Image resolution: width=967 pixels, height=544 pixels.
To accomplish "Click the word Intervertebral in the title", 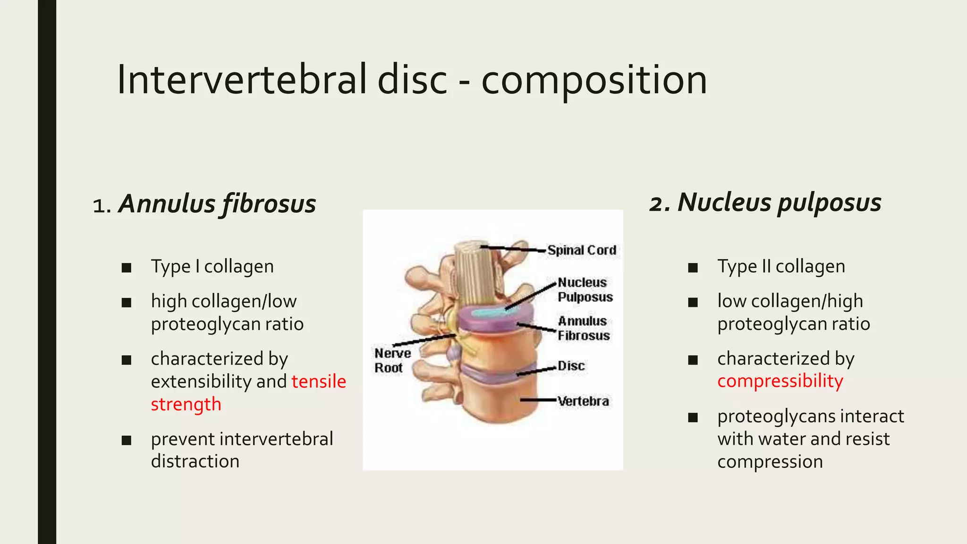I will (x=242, y=79).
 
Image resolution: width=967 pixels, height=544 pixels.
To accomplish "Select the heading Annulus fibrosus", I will (x=217, y=204).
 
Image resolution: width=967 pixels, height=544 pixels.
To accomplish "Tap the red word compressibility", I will (x=780, y=381).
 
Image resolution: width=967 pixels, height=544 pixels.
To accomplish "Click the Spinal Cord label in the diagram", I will (x=582, y=250).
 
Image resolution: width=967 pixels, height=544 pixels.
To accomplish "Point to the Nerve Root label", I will (x=392, y=360).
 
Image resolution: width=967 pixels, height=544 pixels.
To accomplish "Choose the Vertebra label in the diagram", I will (x=583, y=401).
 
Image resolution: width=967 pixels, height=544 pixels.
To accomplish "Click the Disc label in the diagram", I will (x=571, y=366).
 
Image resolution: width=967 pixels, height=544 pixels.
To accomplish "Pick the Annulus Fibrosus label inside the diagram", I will (x=584, y=328).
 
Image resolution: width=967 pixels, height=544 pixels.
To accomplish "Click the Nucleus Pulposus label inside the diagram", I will (x=585, y=289).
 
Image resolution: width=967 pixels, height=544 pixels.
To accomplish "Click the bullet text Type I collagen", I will (x=212, y=267).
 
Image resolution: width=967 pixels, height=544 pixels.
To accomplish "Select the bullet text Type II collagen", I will (x=781, y=267).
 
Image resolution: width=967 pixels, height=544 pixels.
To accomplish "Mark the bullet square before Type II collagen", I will (x=693, y=268).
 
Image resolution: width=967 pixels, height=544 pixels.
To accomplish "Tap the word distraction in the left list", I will (x=195, y=461).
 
